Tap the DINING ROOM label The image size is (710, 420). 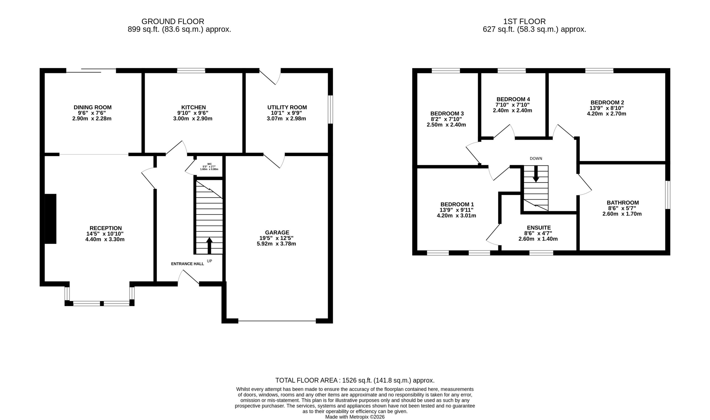point(92,107)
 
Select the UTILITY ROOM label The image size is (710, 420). point(287,107)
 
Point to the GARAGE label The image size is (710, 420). point(277,233)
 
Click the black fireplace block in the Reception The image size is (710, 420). point(50,219)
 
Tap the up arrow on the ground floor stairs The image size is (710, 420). point(209,245)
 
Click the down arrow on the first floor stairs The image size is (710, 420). point(536,174)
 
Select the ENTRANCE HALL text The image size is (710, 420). point(187,264)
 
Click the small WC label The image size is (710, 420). point(209,164)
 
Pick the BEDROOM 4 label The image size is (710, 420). point(513,99)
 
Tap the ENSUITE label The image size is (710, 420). point(539,228)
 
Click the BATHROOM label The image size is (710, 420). point(622,203)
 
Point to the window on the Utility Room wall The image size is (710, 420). point(330,110)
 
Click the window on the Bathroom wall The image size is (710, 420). point(668,195)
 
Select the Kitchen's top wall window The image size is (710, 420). point(191,71)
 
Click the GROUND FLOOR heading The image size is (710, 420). point(173,21)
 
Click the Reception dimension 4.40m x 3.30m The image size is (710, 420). point(105,240)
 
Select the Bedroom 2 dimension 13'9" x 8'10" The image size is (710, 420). point(607,108)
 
